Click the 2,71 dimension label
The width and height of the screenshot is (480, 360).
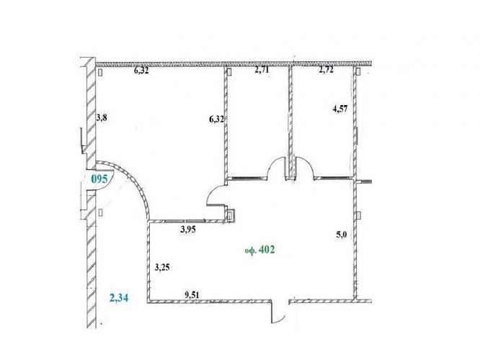pyautogui.click(x=262, y=70)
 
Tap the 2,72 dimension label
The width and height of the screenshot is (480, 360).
pyautogui.click(x=326, y=70)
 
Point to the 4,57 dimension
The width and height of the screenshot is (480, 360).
pyautogui.click(x=340, y=109)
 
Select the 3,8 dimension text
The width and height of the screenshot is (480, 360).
pyautogui.click(x=102, y=118)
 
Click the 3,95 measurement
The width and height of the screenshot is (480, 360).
pyautogui.click(x=188, y=230)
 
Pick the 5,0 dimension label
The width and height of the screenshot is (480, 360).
pyautogui.click(x=342, y=235)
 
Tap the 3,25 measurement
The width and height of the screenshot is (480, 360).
pyautogui.click(x=162, y=268)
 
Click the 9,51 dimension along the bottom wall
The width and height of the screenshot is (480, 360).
pyautogui.click(x=192, y=295)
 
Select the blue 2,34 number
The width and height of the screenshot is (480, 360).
pyautogui.click(x=119, y=297)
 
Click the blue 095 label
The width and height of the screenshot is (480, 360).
pyautogui.click(x=99, y=179)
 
